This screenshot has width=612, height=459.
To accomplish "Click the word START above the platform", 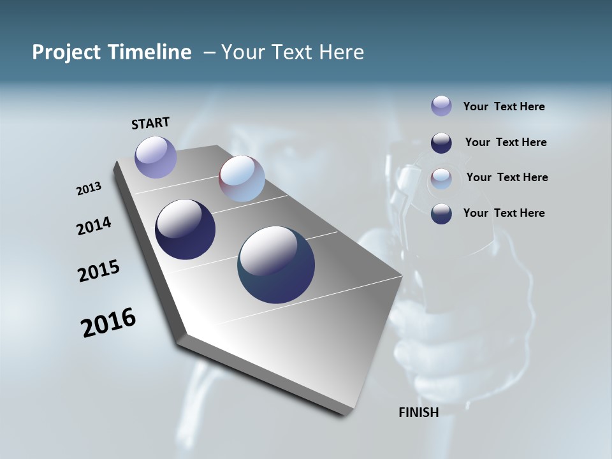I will click(x=150, y=123).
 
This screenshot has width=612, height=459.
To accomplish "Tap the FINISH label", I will click(x=418, y=412).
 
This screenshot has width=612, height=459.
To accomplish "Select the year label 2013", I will click(x=89, y=189).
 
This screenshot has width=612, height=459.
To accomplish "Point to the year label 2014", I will click(x=94, y=226).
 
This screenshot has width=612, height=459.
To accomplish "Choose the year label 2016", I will click(x=108, y=322).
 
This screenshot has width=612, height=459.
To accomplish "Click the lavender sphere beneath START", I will click(x=156, y=157).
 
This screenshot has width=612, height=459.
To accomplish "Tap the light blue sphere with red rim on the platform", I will click(x=242, y=178).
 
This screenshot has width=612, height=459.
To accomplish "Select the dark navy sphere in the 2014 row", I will click(x=185, y=229).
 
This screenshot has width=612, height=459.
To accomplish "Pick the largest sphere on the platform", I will click(x=276, y=265).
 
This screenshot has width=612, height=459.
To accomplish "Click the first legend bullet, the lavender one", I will click(x=441, y=106).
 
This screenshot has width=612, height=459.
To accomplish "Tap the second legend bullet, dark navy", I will click(x=441, y=143).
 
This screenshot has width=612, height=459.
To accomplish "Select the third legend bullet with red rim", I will click(x=441, y=178).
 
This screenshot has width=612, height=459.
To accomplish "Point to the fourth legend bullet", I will click(x=441, y=214).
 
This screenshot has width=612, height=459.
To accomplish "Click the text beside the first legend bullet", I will click(x=504, y=106).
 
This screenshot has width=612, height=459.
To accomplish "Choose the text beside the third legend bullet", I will click(x=507, y=177).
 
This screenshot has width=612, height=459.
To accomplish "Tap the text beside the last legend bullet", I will click(x=504, y=213).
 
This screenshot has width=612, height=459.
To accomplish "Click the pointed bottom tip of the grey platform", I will click(x=345, y=415).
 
